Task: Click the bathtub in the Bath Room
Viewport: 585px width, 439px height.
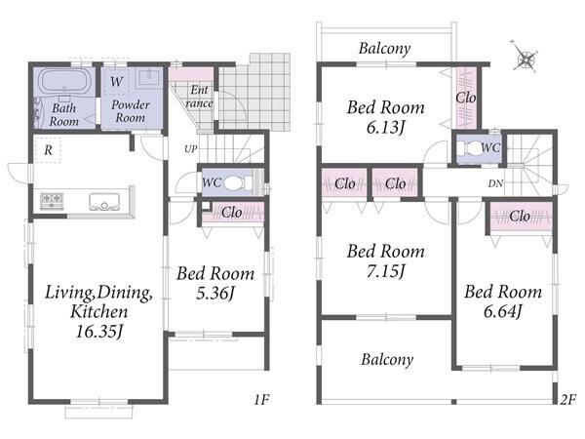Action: coord(64,82)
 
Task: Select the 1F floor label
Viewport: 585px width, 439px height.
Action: coord(261,400)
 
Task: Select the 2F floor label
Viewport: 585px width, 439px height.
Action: coord(568,400)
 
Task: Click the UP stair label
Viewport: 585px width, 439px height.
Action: coord(191,149)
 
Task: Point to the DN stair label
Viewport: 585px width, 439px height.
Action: coord(495,183)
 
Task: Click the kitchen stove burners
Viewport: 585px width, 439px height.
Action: coord(52,201)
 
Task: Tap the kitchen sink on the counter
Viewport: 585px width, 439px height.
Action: coord(104,202)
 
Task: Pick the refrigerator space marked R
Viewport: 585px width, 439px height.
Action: coord(48,150)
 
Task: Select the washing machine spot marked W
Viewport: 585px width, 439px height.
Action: coord(116,81)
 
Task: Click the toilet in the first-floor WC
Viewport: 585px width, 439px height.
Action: coord(235,183)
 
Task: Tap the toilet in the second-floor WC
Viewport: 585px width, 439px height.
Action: coord(472,148)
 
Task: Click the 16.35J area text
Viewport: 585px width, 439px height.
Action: coord(99,332)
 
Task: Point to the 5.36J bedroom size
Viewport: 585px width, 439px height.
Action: coord(215,294)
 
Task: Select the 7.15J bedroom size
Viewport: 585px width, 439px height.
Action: coord(385,271)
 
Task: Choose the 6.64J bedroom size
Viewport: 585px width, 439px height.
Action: coord(502,311)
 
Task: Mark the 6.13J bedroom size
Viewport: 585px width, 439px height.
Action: coord(385,128)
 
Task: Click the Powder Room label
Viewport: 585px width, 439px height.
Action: coord(131,111)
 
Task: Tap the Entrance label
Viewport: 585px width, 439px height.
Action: coord(200,97)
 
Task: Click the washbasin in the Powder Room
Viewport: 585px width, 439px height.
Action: coord(149,78)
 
